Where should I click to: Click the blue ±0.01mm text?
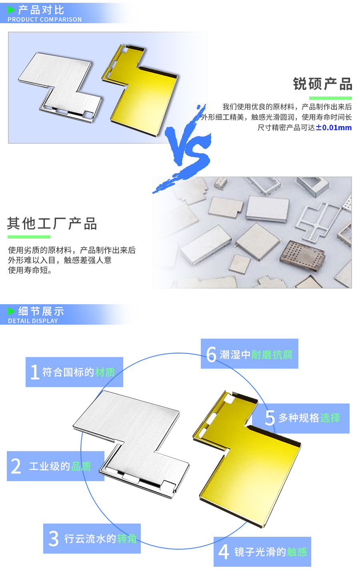tap(334, 128)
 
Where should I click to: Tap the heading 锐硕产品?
tap(322, 84)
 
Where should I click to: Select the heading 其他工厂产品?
tap(52, 224)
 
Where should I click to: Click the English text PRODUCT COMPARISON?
tap(44, 19)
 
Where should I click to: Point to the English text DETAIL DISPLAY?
tap(33, 321)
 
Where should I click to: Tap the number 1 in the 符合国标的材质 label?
tap(35, 372)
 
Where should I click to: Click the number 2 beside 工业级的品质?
tap(16, 466)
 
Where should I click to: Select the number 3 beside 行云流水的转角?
tap(54, 539)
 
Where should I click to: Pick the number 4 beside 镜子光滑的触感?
tap(224, 552)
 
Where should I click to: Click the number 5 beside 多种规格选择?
tap(270, 418)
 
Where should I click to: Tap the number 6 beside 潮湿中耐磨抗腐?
tap(211, 354)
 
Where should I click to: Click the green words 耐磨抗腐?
tap(272, 355)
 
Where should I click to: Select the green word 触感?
tap(297, 552)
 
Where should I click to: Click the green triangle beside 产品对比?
tap(11, 10)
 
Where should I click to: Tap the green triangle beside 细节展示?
tap(11, 311)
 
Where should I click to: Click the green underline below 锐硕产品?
tap(330, 98)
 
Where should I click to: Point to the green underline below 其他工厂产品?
tap(29, 237)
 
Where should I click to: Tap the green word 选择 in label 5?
tap(330, 418)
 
